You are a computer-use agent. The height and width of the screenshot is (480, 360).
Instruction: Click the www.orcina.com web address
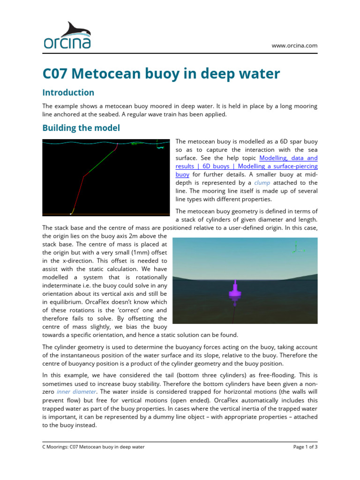294,45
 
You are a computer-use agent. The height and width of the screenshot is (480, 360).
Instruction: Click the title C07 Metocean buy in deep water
161,74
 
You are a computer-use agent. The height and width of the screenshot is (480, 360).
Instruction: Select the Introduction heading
68,92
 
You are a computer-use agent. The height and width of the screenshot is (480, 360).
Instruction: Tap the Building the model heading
81,127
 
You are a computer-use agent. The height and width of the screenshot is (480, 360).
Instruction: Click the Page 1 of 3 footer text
305,447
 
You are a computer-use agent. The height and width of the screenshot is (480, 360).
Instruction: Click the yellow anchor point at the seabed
70,213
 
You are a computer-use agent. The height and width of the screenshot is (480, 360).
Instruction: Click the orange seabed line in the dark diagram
141,214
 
